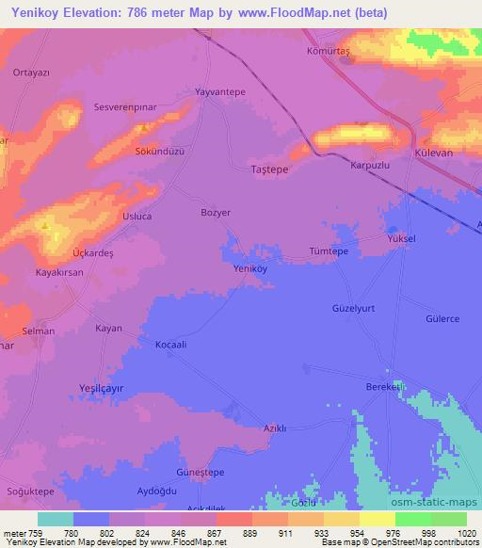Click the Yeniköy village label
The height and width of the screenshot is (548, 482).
coord(250,268)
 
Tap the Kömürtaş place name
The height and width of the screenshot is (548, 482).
coord(329,53)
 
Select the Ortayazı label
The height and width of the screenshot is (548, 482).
coord(30,71)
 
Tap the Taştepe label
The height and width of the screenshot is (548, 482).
coord(270,169)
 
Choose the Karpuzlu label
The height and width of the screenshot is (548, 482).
coord(369,164)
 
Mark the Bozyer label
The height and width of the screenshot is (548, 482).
coord(216,213)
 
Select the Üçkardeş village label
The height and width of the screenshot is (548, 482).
coord(93,254)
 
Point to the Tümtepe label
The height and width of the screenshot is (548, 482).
coord(329,252)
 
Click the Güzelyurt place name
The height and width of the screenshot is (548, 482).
coord(354,308)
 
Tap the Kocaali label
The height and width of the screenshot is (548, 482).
coord(176,346)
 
